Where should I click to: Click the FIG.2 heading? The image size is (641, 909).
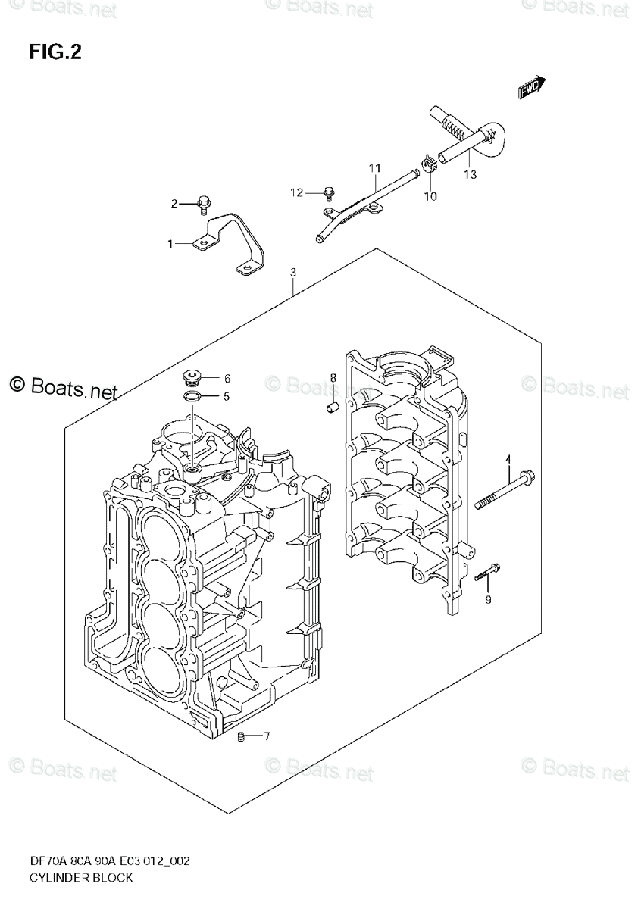[55, 52]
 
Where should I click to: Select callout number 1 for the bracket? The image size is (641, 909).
[170, 244]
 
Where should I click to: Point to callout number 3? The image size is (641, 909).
[293, 273]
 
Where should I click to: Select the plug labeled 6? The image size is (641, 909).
[192, 376]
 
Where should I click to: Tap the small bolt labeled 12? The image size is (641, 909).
[329, 192]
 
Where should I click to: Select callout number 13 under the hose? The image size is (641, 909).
[470, 176]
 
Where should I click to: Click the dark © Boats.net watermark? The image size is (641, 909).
[64, 387]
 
